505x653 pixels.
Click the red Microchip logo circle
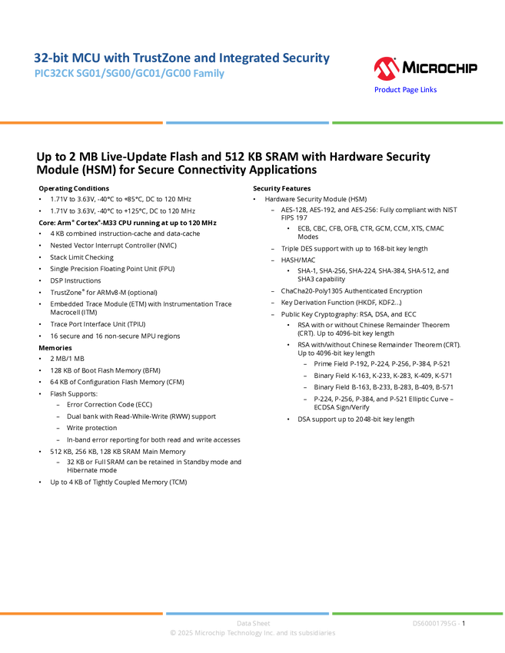tap(386, 69)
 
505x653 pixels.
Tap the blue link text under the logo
tap(406, 90)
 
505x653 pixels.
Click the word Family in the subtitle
tap(211, 75)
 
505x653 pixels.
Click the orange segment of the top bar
tap(81, 122)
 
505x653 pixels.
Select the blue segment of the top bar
tap(247, 122)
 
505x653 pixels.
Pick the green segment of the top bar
tap(417, 122)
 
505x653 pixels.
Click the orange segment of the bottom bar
tap(81, 613)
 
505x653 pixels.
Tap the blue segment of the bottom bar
tap(247, 613)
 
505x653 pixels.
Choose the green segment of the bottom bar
tap(417, 613)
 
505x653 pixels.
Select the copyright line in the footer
tap(252, 633)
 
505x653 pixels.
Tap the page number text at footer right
tap(436, 623)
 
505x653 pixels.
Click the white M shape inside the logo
tap(386, 71)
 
